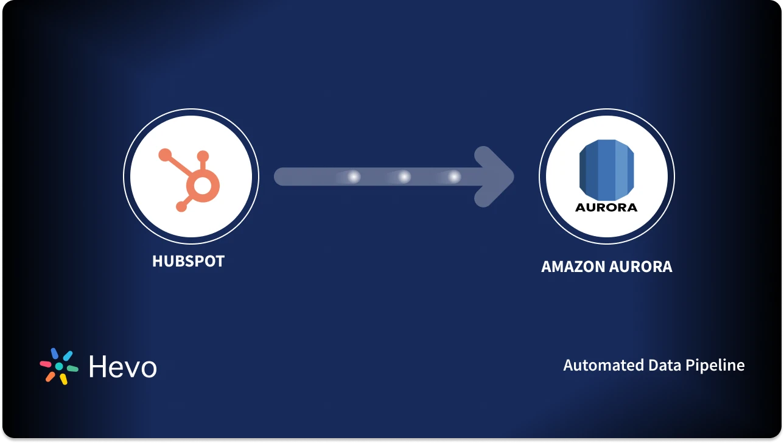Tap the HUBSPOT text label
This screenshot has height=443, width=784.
(x=188, y=261)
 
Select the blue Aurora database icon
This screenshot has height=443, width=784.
(x=606, y=167)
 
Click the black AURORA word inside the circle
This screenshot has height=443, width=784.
(x=606, y=207)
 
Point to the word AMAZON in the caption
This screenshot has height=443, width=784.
(x=569, y=267)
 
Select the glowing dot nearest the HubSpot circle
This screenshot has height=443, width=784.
(x=353, y=176)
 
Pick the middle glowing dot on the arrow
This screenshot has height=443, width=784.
(x=404, y=176)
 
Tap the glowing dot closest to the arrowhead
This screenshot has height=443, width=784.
(x=454, y=176)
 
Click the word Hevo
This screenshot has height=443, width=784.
(x=122, y=366)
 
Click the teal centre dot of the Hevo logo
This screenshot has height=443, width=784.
(x=59, y=366)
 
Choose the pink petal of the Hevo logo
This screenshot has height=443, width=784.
(x=46, y=364)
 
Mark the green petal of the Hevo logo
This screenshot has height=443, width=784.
(x=72, y=368)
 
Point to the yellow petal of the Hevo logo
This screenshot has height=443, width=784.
(x=63, y=378)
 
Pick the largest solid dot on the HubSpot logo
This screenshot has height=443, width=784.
(x=165, y=155)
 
